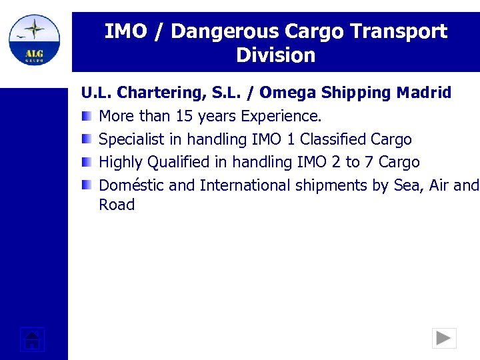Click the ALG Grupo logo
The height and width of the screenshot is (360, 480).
(34, 39)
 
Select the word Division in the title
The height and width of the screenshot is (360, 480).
(275, 55)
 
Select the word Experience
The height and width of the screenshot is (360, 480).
(281, 116)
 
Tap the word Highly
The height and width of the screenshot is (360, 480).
(121, 162)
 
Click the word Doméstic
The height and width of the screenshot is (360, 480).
(131, 185)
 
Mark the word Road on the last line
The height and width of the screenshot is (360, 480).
(117, 205)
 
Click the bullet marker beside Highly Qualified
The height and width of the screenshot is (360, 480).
(87, 162)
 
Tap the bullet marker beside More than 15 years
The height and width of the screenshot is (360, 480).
(87, 116)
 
